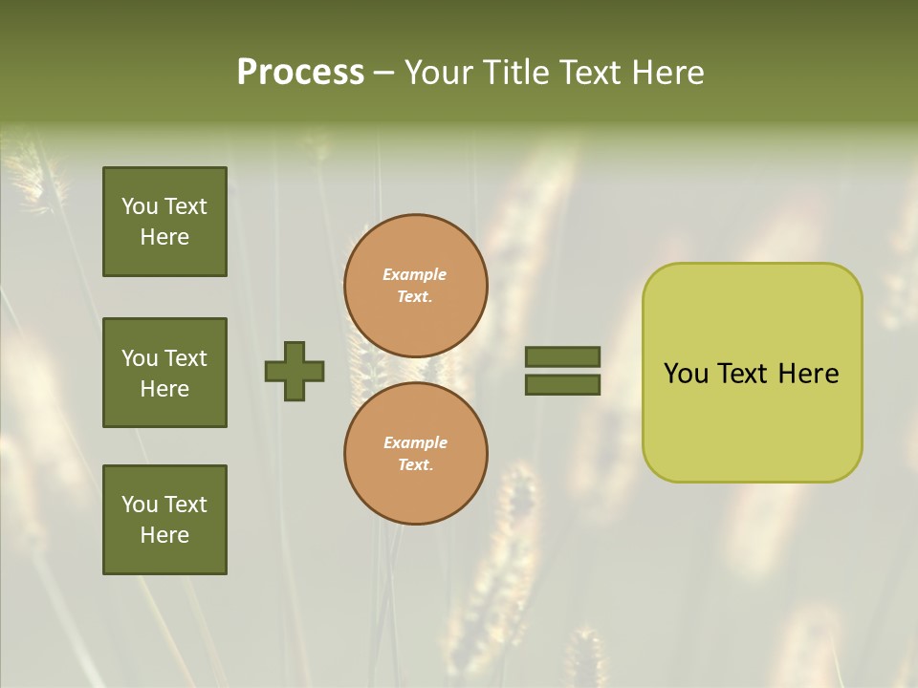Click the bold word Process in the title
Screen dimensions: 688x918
coord(300,73)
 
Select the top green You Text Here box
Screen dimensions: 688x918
coord(164,222)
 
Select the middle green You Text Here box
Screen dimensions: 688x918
coord(164,373)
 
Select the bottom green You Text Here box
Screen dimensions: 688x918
coord(164,519)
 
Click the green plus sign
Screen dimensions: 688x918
coord(295,371)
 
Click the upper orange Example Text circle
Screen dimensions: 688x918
coord(416,286)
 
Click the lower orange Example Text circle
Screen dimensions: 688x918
coord(416,453)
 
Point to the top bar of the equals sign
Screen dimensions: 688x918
coord(562,356)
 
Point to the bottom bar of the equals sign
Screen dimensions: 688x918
coord(562,385)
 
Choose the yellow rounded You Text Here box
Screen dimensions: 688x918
coord(752,372)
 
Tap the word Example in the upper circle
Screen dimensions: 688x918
coord(415,274)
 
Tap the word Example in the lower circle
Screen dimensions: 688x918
coord(415,442)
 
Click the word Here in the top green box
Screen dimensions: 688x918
coord(164,237)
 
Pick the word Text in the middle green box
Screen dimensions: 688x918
coord(186,358)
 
